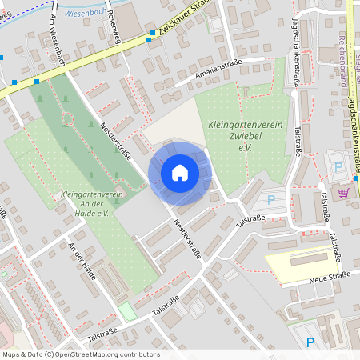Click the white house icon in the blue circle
[179, 173]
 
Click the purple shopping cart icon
[344, 192]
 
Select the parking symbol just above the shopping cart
[338, 166]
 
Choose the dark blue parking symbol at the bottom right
[310, 342]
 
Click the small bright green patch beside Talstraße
[127, 311]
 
